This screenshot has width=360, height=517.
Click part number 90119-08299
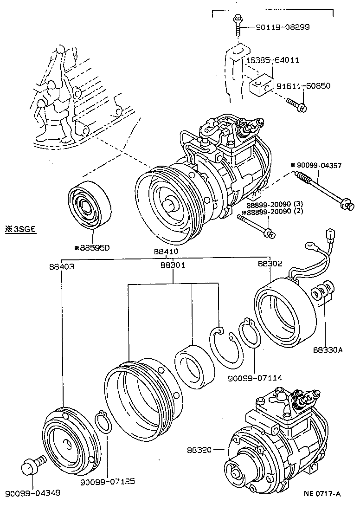283,27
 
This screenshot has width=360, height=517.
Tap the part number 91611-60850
303,86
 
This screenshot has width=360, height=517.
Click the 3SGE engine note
21,229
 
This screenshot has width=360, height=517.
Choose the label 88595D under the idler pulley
92,247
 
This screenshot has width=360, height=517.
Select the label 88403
61,266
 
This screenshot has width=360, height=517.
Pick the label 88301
173,265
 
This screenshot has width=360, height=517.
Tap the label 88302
270,263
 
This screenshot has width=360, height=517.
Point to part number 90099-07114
255,378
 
